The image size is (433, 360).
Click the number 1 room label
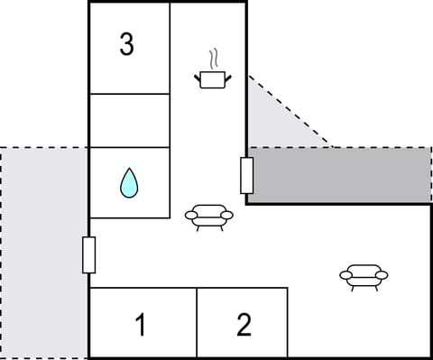(140, 325)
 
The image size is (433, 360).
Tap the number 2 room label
(244, 325)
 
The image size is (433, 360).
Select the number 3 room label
(127, 44)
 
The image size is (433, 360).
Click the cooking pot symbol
(212, 80)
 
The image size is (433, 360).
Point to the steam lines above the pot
(214, 60)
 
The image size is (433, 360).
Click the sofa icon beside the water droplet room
(208, 217)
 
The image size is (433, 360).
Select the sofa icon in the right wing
(364, 276)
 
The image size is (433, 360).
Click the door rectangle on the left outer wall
(88, 254)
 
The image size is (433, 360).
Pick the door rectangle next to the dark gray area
(246, 175)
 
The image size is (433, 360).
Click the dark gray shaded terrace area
(343, 175)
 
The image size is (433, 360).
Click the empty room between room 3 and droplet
(129, 120)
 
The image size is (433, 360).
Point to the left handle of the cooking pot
(198, 78)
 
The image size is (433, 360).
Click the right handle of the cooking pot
(227, 78)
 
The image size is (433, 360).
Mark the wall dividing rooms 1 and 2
(197, 323)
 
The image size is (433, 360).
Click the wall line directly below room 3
(129, 93)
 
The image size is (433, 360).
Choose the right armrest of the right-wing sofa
(382, 274)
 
